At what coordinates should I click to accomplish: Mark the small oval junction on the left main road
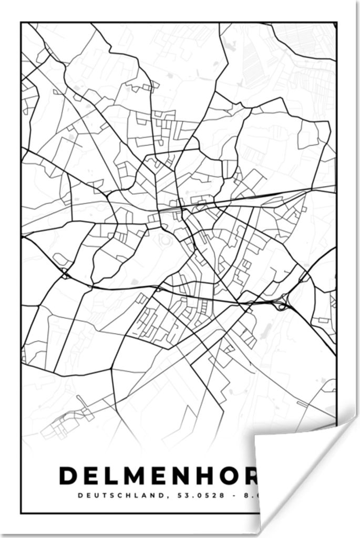[x=65, y=274]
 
